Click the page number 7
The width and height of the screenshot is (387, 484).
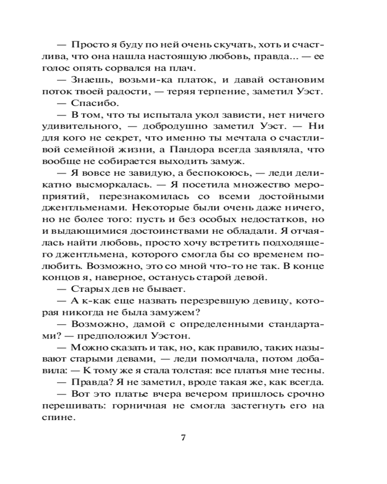tap(183, 438)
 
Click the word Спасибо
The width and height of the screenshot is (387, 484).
tap(92, 103)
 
